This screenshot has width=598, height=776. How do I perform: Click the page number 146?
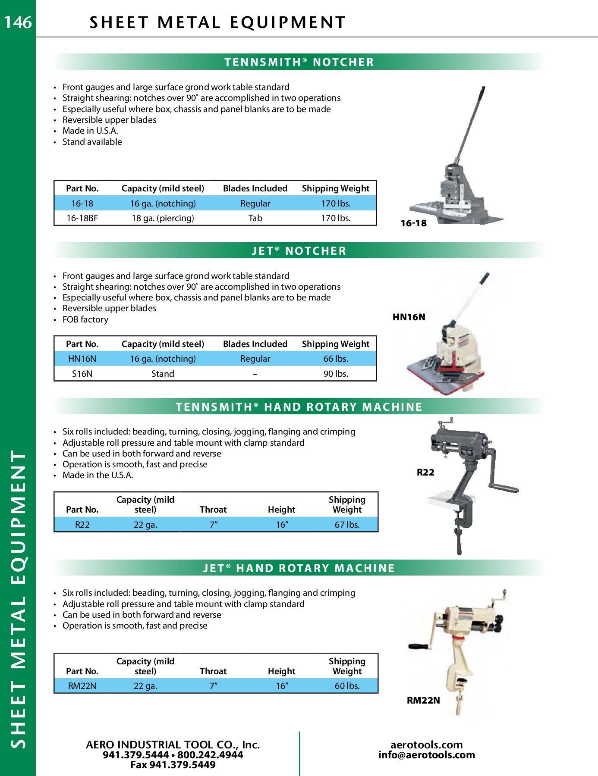18,22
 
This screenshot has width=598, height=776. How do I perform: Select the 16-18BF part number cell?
82,218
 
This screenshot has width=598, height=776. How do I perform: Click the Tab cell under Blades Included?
255,218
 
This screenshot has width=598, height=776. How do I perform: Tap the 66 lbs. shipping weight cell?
336,359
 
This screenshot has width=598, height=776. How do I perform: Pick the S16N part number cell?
82,374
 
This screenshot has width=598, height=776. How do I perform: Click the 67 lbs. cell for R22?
347,525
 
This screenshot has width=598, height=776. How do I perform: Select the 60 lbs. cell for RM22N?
347,686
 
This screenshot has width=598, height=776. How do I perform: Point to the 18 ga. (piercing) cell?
163,218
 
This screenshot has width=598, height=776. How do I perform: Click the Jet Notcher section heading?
299,251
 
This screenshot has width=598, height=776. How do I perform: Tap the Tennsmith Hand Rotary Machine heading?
299,407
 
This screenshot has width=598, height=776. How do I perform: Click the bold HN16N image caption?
409,317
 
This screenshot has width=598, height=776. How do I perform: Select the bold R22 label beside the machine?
425,472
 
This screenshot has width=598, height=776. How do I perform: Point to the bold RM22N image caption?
423,701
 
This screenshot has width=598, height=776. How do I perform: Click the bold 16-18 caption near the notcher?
413,223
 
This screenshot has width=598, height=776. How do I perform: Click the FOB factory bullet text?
85,319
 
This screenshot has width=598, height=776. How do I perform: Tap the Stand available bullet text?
92,142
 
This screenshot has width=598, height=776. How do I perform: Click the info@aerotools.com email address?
426,755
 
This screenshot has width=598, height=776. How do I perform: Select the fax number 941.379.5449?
173,765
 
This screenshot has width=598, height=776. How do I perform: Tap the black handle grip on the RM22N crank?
418,647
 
